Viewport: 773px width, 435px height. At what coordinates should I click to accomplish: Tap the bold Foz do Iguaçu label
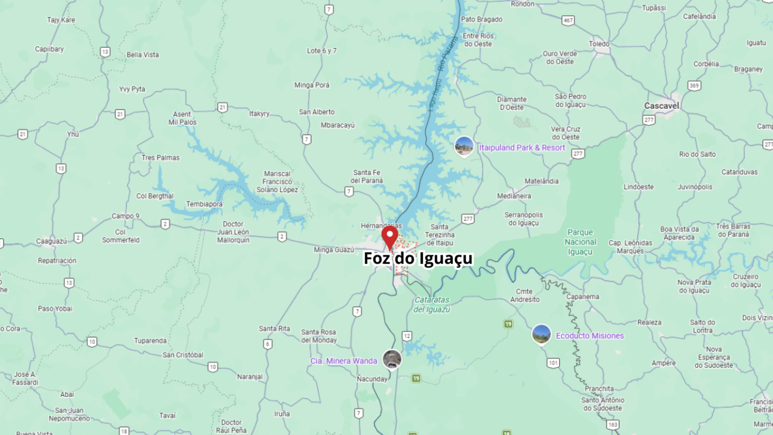tap(418, 258)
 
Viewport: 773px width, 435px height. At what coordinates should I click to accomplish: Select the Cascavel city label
tap(661, 106)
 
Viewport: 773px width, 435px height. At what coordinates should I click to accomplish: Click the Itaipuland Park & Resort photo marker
tap(464, 146)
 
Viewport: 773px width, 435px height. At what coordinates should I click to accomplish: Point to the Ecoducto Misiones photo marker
tap(541, 334)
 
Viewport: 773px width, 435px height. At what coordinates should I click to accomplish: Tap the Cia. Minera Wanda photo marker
tap(392, 359)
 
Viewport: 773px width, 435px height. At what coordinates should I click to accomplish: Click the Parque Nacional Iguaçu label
tap(580, 242)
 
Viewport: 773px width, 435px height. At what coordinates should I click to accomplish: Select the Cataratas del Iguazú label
tap(432, 304)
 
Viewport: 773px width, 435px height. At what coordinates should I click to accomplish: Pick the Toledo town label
tap(599, 44)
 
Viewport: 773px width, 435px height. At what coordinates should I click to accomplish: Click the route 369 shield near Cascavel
tap(694, 85)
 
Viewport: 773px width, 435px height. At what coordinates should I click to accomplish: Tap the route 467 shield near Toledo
tap(567, 20)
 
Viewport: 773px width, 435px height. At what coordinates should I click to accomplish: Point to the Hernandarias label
tap(381, 226)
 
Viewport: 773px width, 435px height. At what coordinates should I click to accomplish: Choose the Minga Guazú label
tap(334, 250)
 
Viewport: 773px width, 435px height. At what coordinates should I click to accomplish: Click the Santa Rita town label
tap(275, 328)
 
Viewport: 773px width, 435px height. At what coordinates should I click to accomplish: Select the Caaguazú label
tap(52, 241)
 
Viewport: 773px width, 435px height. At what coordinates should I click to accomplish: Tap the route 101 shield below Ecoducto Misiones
tap(553, 363)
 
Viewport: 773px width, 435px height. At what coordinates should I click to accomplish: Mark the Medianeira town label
tap(514, 196)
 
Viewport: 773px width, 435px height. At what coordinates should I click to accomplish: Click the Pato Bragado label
tap(481, 19)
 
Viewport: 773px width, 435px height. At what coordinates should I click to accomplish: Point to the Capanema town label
tap(582, 297)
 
